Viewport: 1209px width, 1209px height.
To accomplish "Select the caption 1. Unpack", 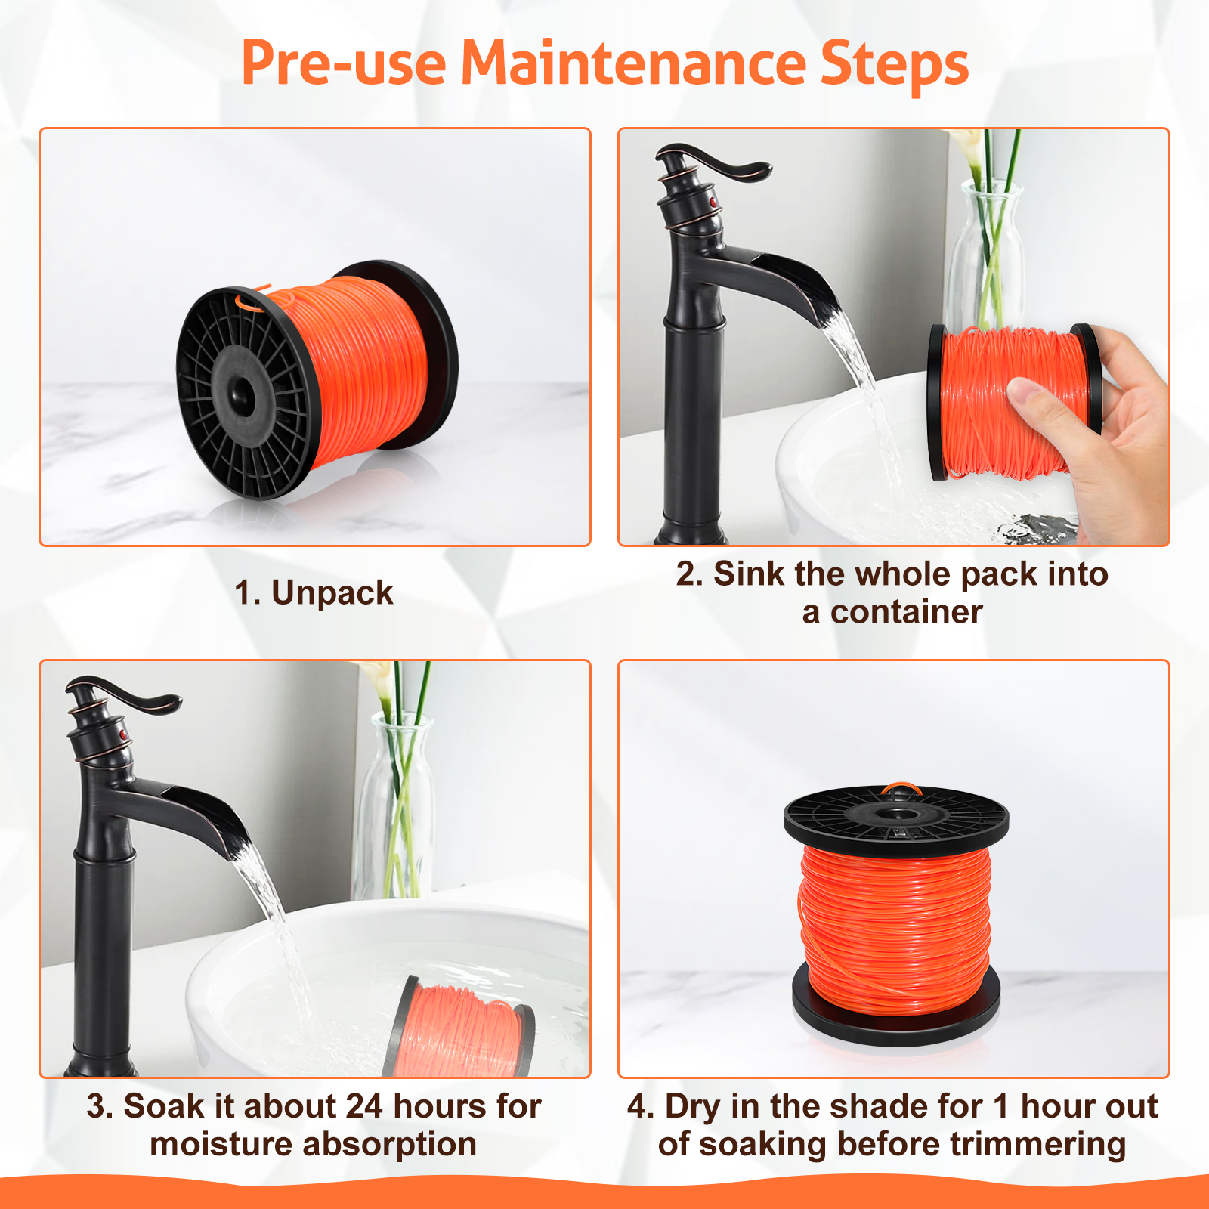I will point(314,593).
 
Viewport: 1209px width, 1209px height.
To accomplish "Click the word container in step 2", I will point(907,612).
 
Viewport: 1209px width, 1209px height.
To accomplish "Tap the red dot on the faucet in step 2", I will point(713,202).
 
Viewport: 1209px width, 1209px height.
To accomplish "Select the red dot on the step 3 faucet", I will point(123,734).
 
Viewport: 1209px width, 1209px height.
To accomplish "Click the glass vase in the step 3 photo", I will point(397,809).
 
